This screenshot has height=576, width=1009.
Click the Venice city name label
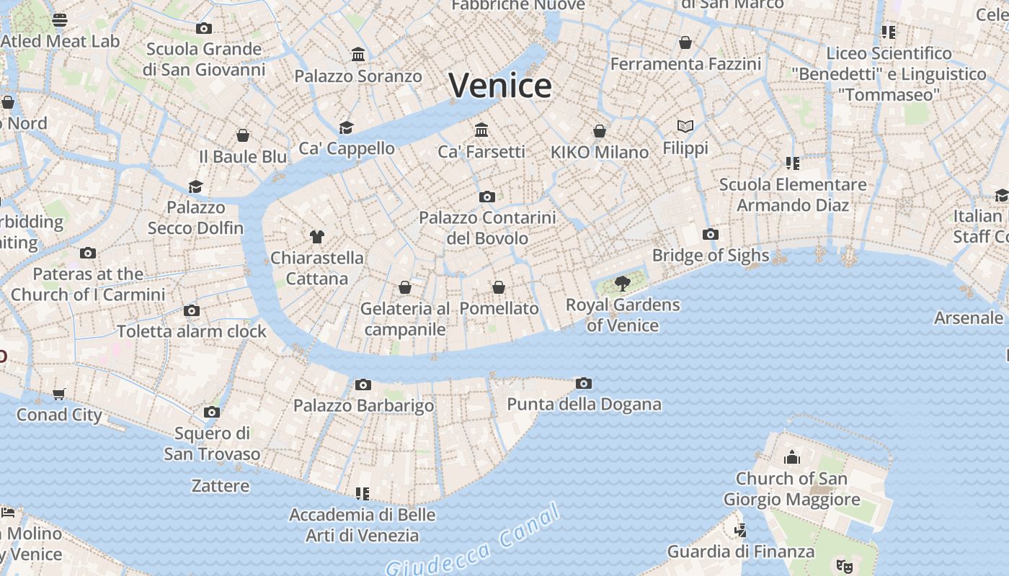point(500,86)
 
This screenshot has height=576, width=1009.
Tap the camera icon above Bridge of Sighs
point(710,235)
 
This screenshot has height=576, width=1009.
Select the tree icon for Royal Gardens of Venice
point(622,284)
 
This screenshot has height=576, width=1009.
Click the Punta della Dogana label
point(584,405)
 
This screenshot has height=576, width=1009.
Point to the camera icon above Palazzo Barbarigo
point(363,385)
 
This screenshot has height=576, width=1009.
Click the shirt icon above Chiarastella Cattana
point(316,236)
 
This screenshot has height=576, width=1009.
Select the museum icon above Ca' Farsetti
point(481,130)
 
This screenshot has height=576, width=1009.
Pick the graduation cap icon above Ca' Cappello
point(346,128)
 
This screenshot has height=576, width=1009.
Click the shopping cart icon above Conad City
point(59,394)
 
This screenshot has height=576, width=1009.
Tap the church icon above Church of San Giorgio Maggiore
point(791,457)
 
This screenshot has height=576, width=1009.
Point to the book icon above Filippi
point(685,127)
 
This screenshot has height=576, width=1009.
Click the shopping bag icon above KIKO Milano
point(599,131)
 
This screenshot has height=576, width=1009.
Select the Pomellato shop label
point(499,309)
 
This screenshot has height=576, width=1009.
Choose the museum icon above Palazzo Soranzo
point(357,55)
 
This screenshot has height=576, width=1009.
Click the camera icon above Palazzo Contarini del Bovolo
point(486,197)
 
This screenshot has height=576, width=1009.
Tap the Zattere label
point(221,486)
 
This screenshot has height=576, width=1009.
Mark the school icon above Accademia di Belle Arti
point(362,494)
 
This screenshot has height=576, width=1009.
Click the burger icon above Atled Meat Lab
point(60,19)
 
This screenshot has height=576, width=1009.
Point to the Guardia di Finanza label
point(740,552)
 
